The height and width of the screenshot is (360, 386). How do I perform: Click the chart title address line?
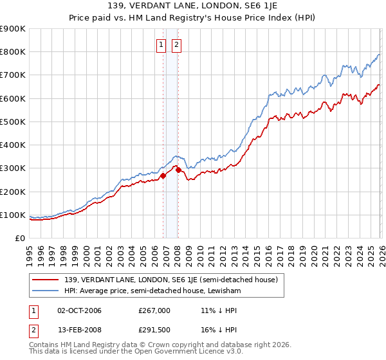pos(193,6)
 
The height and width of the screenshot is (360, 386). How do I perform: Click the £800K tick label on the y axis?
pos(13,52)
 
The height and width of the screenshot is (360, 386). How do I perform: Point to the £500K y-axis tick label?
pos(13,122)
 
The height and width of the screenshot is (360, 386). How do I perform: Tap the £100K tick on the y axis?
pos(13,215)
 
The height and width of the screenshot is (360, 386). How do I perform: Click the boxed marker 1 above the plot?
pos(160,45)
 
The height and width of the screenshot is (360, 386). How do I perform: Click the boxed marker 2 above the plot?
pos(176,45)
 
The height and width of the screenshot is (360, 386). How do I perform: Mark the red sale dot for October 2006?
pos(163,175)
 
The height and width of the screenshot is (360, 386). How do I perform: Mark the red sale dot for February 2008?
pos(178,170)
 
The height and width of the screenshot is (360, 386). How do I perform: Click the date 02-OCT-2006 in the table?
pos(79,310)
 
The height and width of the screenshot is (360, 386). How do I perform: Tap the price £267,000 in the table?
pos(154,310)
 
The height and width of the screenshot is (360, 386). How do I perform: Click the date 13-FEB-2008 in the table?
pos(79,332)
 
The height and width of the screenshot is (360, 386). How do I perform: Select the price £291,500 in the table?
pos(154,332)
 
